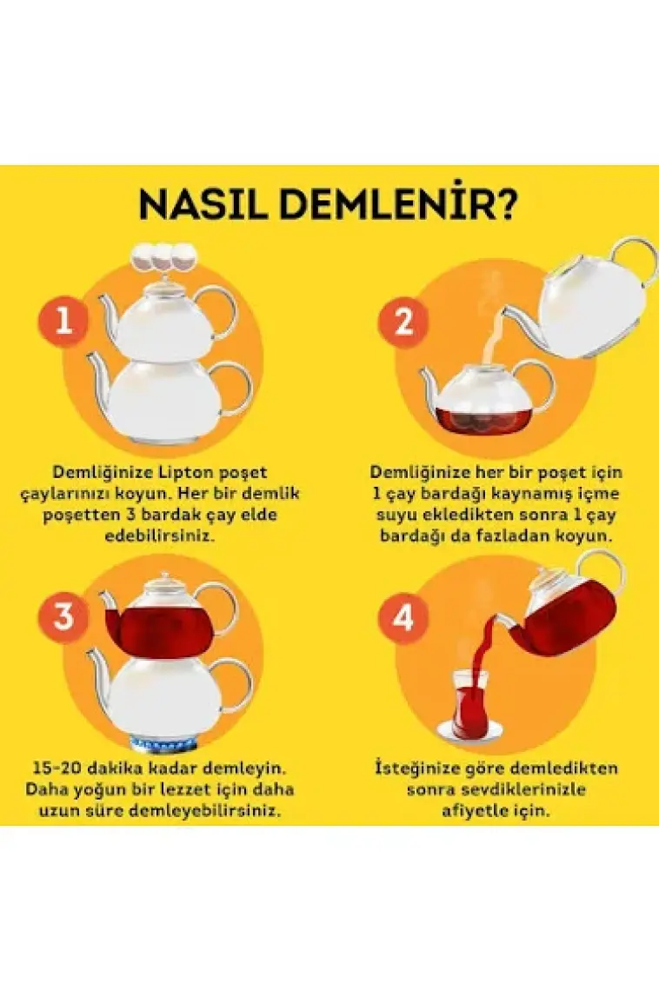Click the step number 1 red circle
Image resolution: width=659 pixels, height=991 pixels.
[63, 321]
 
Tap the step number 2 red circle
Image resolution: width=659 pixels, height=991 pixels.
[403, 322]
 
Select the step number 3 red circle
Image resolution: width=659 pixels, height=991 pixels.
[63, 617]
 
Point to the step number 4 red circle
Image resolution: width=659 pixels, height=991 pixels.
[403, 618]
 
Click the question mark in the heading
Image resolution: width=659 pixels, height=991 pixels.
[505, 203]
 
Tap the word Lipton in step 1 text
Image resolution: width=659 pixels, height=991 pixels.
[186, 472]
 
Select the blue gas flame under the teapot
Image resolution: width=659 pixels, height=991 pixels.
[163, 744]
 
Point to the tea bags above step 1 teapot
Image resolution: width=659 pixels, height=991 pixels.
[163, 256]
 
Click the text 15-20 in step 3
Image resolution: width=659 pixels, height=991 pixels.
[57, 768]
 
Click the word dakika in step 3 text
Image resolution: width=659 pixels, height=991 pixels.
[115, 768]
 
